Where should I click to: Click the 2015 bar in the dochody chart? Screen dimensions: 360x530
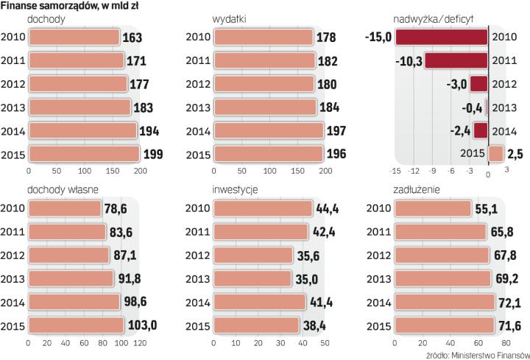[82, 154]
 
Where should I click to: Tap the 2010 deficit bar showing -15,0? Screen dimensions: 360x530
[441, 37]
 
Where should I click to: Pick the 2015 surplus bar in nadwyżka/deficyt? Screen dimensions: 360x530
[495, 154]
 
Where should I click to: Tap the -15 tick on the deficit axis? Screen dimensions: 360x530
[396, 171]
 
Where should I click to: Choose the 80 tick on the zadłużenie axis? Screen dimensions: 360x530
[506, 343]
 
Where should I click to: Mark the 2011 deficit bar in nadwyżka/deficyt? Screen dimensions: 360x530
[456, 60]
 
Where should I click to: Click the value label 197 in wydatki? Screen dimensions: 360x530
[337, 131]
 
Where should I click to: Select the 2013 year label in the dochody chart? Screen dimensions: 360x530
[13, 107]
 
